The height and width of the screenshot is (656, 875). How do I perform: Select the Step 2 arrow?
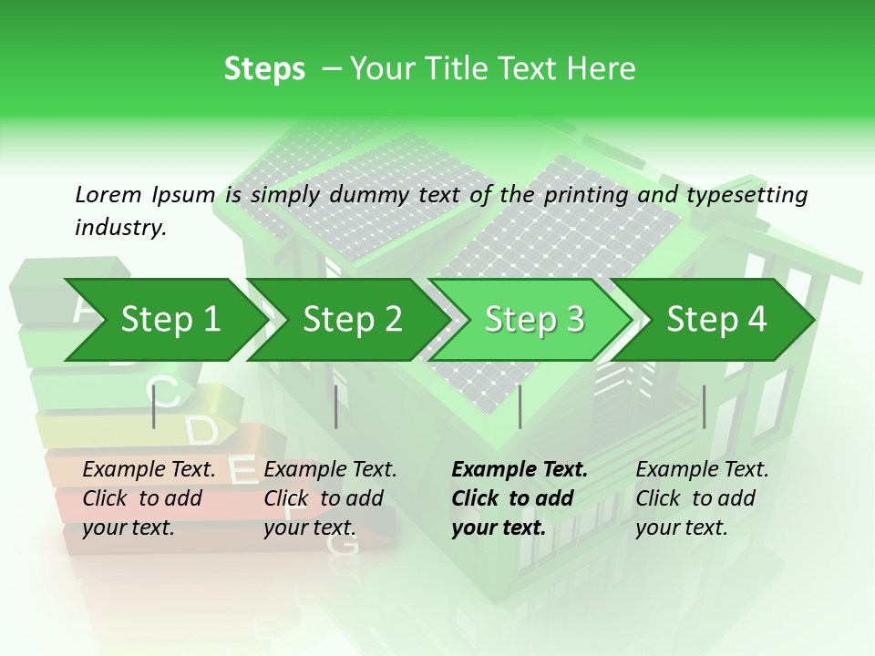pyautogui.click(x=352, y=320)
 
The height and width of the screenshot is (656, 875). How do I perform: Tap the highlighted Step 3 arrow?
pyautogui.click(x=534, y=320)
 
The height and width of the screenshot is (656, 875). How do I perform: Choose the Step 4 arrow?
pyautogui.click(x=716, y=320)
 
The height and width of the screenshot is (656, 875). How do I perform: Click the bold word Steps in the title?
pyautogui.click(x=264, y=69)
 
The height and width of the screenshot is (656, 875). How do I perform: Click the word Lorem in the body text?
pyautogui.click(x=108, y=194)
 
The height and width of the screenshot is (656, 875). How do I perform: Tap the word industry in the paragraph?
pyautogui.click(x=119, y=228)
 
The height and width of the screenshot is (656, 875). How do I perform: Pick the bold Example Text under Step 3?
pyautogui.click(x=520, y=470)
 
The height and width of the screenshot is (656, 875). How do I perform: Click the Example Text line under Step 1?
pyautogui.click(x=149, y=470)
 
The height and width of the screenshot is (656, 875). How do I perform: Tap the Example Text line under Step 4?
pyautogui.click(x=702, y=470)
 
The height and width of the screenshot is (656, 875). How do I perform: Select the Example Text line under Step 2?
pyautogui.click(x=330, y=470)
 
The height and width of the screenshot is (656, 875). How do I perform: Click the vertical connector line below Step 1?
pyautogui.click(x=154, y=406)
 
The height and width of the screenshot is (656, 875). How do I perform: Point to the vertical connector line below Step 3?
pyautogui.click(x=520, y=406)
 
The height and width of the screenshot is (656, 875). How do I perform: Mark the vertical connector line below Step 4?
pyautogui.click(x=704, y=406)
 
